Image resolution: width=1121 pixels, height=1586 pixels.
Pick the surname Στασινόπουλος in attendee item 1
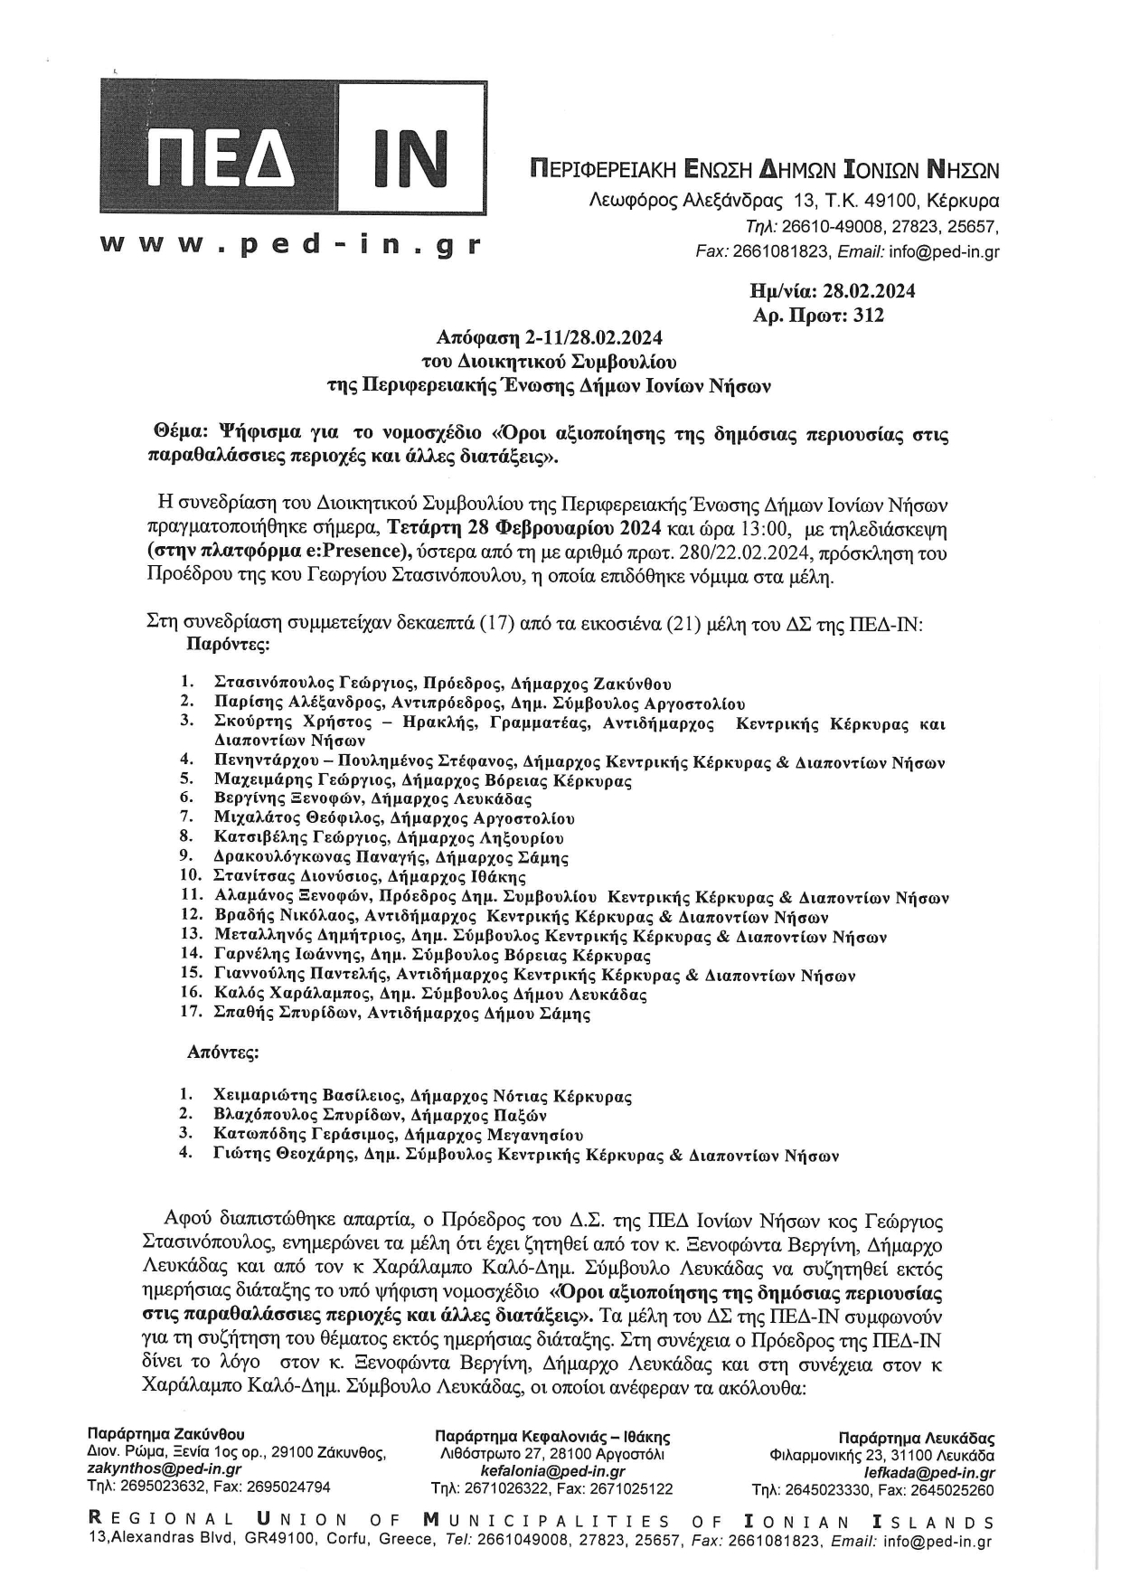pos(269,684)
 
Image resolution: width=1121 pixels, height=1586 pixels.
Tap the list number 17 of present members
pos(190,1013)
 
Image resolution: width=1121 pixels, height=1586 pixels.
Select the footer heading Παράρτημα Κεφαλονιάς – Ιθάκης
pos(552,1437)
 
